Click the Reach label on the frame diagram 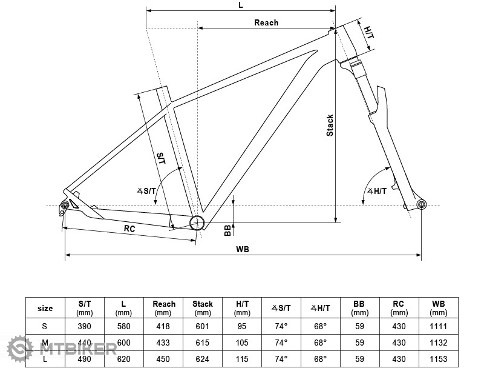pyautogui.click(x=266, y=22)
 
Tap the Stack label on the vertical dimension pyautogui.click(x=330, y=125)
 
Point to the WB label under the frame pyautogui.click(x=243, y=249)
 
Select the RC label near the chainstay pyautogui.click(x=129, y=229)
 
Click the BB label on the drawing pyautogui.click(x=227, y=230)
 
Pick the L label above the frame pyautogui.click(x=241, y=5)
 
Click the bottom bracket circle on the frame pyautogui.click(x=197, y=223)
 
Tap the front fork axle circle pyautogui.click(x=421, y=204)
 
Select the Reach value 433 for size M pyautogui.click(x=163, y=343)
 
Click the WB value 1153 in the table pyautogui.click(x=438, y=358)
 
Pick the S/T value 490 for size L pyautogui.click(x=85, y=358)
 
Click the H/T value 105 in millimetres pyautogui.click(x=242, y=343)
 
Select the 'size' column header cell pyautogui.click(x=45, y=308)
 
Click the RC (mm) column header pyautogui.click(x=398, y=308)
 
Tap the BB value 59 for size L pyautogui.click(x=359, y=358)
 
